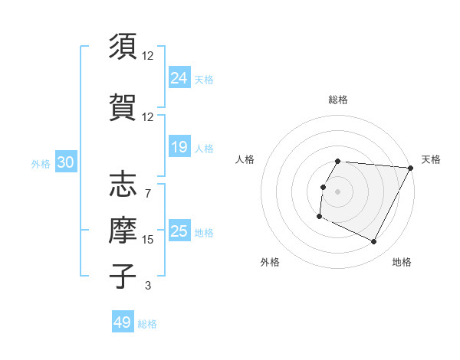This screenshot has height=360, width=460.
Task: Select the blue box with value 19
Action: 179,147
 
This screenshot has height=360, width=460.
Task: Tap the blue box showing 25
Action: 179,231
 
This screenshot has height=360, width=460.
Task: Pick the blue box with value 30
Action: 65,162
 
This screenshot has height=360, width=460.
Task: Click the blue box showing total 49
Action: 123,322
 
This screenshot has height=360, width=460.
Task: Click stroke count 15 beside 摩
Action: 148,240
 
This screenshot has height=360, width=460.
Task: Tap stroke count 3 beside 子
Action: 148,286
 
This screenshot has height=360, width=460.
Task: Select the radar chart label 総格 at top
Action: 338,100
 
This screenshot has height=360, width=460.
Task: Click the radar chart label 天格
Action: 431,159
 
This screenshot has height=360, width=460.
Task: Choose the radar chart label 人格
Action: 245,159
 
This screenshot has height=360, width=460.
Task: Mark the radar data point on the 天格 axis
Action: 411,168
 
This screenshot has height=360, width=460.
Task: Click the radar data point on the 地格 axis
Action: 374,242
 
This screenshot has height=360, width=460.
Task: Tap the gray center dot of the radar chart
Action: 338,191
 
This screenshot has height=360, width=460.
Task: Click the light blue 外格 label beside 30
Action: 41,162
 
